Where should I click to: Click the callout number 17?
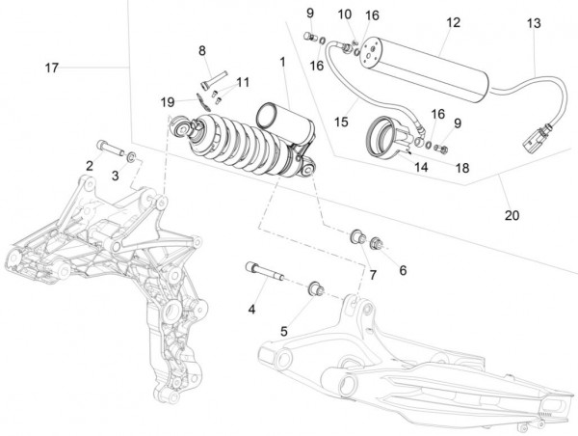pos(52,68)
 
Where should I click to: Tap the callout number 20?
pos(511,215)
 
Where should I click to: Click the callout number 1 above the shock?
pos(282,62)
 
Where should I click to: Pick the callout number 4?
pos(252,310)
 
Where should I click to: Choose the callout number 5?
pos(284,331)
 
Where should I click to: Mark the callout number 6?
pos(403,271)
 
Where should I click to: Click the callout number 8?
pos(202,50)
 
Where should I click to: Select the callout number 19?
pos(167,100)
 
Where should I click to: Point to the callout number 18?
pos(462,167)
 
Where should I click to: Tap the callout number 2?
pos(89,166)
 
